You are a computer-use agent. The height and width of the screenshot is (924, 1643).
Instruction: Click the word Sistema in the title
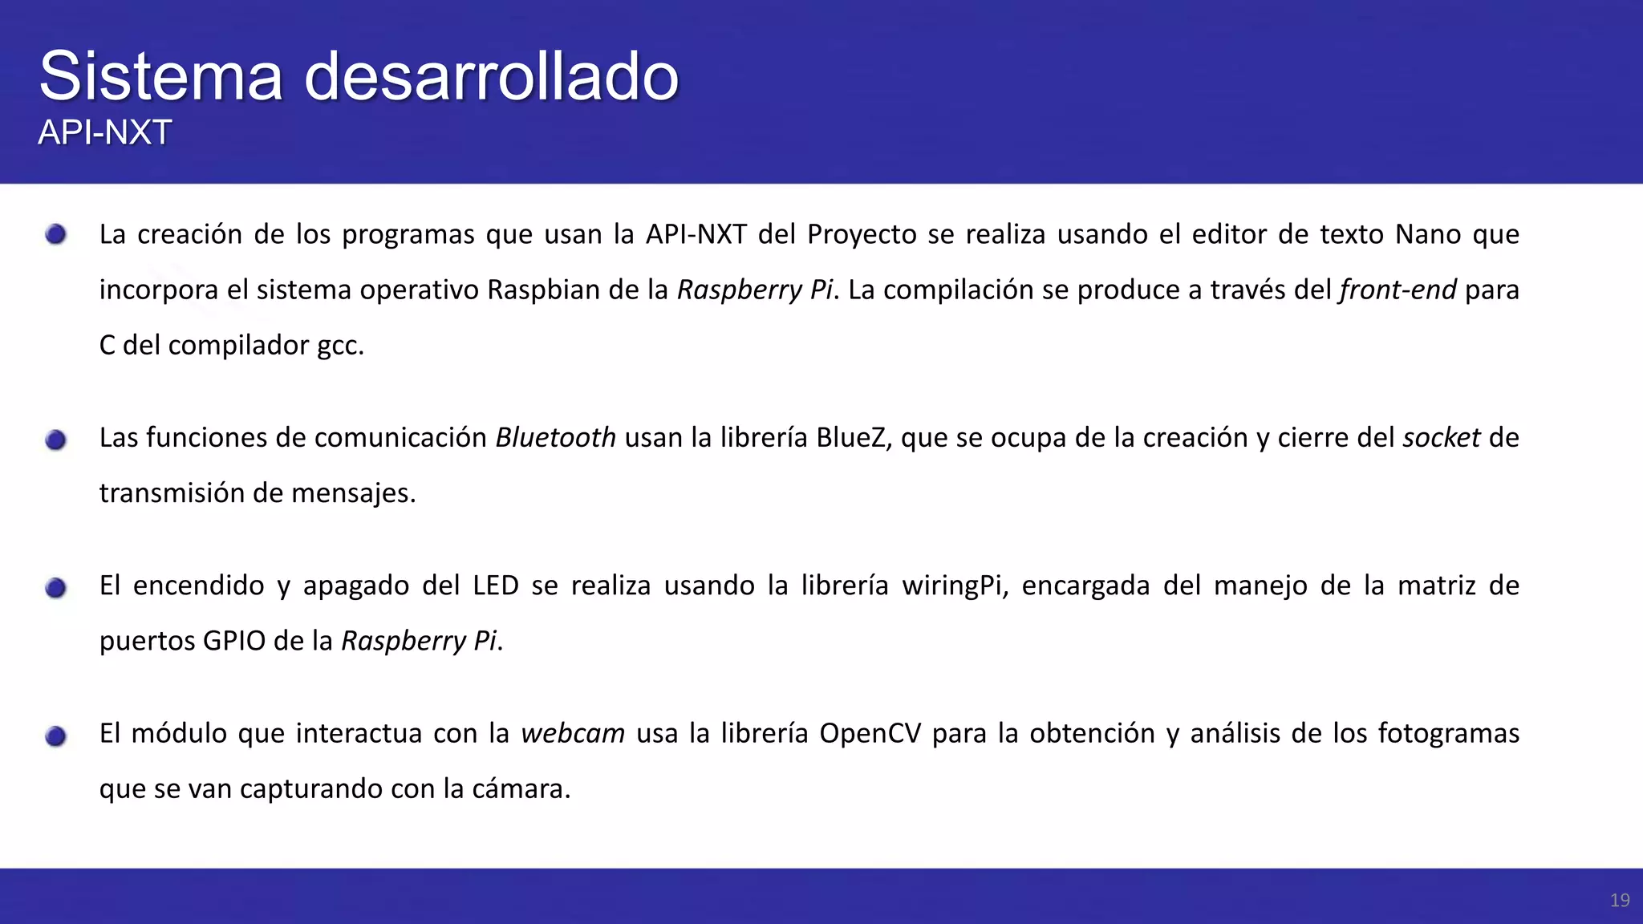[x=160, y=76]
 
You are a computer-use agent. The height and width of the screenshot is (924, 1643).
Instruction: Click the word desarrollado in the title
[x=491, y=76]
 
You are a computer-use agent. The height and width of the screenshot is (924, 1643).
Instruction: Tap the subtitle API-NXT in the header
[x=105, y=132]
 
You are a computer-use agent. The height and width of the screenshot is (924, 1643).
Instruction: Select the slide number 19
[x=1619, y=900]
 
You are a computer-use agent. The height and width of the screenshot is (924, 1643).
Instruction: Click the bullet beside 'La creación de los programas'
[x=55, y=234]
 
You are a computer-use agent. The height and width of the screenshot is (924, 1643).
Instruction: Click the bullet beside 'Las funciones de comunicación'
[x=55, y=440]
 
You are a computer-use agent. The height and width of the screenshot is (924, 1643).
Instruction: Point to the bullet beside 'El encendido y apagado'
[x=55, y=588]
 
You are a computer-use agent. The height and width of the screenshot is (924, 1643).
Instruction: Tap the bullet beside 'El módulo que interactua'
[x=55, y=736]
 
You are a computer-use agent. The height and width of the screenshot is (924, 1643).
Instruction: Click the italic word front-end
[x=1398, y=290]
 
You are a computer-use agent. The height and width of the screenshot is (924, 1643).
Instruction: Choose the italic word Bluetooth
[x=555, y=438]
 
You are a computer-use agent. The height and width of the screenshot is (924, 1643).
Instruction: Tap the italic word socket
[x=1441, y=438]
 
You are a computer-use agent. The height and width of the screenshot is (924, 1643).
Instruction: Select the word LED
[x=495, y=586]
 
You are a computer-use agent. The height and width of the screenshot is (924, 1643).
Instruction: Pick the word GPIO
[x=233, y=641]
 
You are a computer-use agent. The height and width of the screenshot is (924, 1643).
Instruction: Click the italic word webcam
[x=573, y=733]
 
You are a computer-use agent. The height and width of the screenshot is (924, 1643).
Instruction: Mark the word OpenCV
[x=870, y=734]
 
